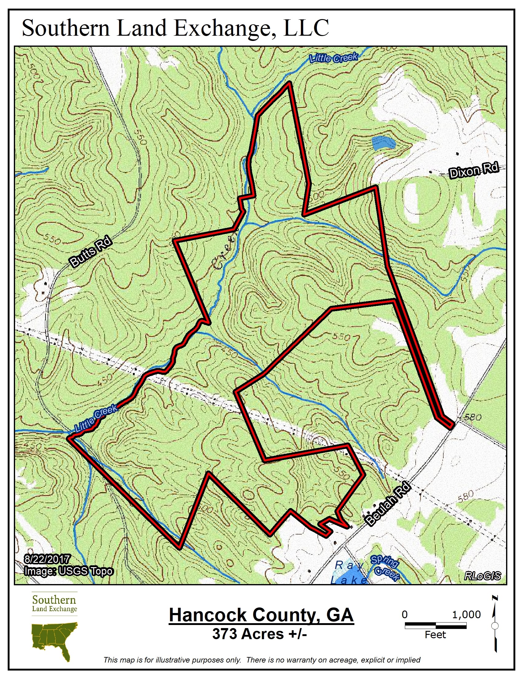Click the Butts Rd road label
[x=91, y=252]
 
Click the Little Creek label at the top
[x=334, y=58]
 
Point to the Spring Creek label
[x=385, y=567]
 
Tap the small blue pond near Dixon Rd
[x=384, y=143]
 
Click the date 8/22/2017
[x=47, y=559]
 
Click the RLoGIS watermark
[x=482, y=576]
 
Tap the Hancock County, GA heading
[x=261, y=615]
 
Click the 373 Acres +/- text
[x=259, y=634]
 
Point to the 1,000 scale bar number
[x=466, y=615]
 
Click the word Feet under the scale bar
[x=435, y=635]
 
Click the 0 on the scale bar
[x=405, y=615]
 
